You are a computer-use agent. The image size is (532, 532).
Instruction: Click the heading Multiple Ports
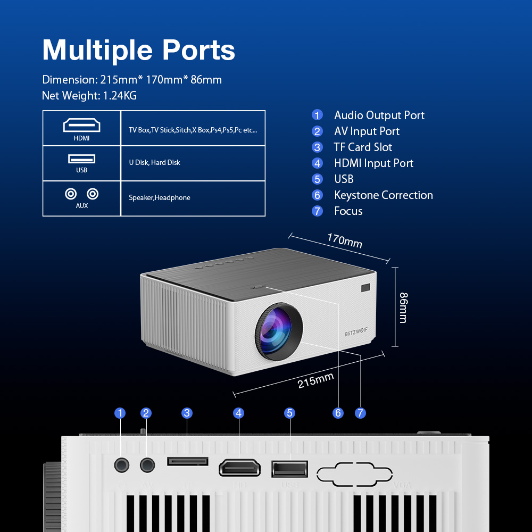[138, 50]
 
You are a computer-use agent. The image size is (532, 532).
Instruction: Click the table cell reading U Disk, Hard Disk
[154, 162]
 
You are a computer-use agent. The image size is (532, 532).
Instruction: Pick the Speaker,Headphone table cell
[160, 197]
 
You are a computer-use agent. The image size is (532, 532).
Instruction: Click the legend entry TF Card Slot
[363, 147]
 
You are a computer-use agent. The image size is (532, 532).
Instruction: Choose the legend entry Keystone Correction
[383, 195]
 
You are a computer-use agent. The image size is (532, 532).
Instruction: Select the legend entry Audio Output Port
[379, 115]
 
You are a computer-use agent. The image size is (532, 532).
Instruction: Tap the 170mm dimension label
[344, 241]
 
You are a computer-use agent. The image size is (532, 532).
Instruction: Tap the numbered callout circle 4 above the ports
[239, 413]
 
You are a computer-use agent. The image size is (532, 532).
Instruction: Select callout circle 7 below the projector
[360, 413]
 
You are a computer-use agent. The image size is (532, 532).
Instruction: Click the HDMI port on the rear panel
[239, 468]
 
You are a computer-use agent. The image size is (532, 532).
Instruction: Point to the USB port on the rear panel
[289, 468]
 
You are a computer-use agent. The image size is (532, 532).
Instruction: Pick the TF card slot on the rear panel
[187, 461]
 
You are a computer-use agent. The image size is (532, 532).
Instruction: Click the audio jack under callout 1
[122, 465]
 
